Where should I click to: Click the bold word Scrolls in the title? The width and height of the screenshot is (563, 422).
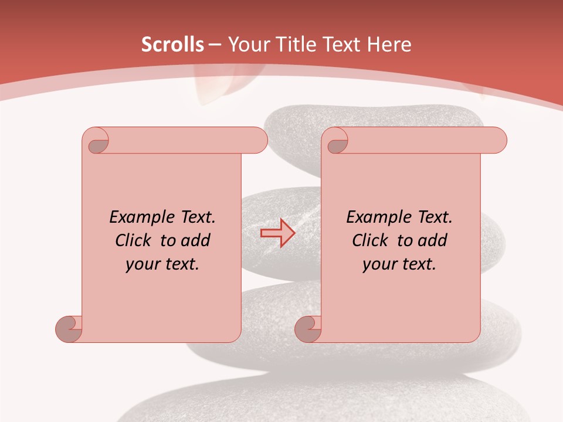tap(172, 45)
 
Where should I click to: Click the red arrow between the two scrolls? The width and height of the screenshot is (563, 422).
tap(277, 233)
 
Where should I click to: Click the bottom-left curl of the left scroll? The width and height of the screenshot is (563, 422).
tap(69, 329)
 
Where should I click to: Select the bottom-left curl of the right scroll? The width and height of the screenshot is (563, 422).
tap(308, 329)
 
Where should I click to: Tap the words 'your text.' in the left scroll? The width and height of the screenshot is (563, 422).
tap(162, 264)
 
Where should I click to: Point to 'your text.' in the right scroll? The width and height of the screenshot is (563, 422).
tap(399, 264)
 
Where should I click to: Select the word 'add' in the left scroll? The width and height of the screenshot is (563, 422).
tap(196, 240)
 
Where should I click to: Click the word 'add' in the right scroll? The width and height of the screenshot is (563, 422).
tap(433, 240)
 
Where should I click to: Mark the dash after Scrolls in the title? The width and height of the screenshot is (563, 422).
tap(215, 45)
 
